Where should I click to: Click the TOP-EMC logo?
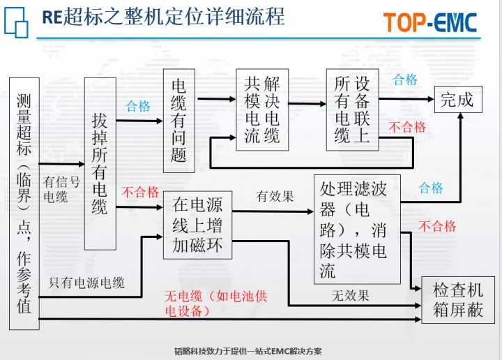tap(429, 22)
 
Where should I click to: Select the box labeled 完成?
tap(457, 100)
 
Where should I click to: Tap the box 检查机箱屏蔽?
tap(457, 300)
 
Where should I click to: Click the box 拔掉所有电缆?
tap(100, 163)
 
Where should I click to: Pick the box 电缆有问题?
tap(178, 120)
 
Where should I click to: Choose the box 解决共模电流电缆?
tap(261, 110)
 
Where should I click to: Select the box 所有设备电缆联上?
tap(352, 110)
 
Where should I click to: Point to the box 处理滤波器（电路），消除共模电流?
tap(357, 229)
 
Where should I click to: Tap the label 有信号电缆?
tap(61, 189)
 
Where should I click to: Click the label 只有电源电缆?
tap(86, 283)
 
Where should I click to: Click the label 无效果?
tap(350, 295)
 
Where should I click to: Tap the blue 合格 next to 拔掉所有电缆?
tap(138, 106)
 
